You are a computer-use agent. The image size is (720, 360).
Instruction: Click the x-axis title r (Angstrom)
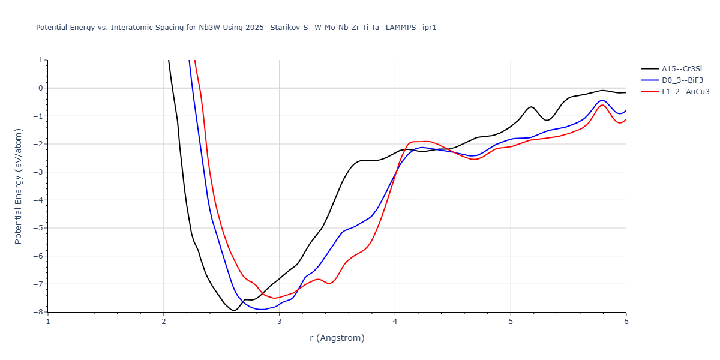[x=337, y=338]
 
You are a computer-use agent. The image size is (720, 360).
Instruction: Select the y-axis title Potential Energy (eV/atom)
[x=19, y=186]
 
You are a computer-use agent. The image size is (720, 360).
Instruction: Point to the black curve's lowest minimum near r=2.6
[x=233, y=310]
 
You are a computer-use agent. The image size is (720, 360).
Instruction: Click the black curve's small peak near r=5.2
[x=531, y=107]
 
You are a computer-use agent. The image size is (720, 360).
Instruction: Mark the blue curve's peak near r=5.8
[x=602, y=100]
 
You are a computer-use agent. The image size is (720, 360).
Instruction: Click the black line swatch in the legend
[x=649, y=69]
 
